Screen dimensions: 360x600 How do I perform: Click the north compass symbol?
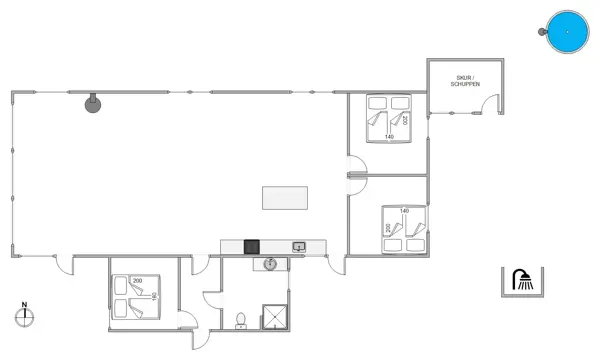pos(26,318)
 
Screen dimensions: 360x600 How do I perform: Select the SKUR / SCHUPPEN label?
pos(466,80)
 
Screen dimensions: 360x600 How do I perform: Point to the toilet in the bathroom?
pos(240,321)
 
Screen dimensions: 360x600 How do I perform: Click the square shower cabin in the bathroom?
pos(274,316)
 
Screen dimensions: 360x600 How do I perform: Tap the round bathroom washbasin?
pos(269,264)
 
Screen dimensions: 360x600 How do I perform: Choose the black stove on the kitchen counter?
pos(252,246)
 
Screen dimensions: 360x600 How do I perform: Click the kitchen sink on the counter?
pos(298,246)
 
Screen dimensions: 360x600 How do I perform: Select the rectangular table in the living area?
pos(284,198)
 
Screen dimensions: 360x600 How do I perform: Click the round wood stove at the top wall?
pos(92,103)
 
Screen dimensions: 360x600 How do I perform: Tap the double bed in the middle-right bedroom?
pos(405,232)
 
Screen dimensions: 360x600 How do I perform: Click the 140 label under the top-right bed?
pos(389,137)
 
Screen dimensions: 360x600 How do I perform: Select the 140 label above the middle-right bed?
pos(405,211)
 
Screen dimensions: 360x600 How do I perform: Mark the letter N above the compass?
pos(26,305)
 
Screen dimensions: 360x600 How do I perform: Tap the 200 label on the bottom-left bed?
pos(138,280)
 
